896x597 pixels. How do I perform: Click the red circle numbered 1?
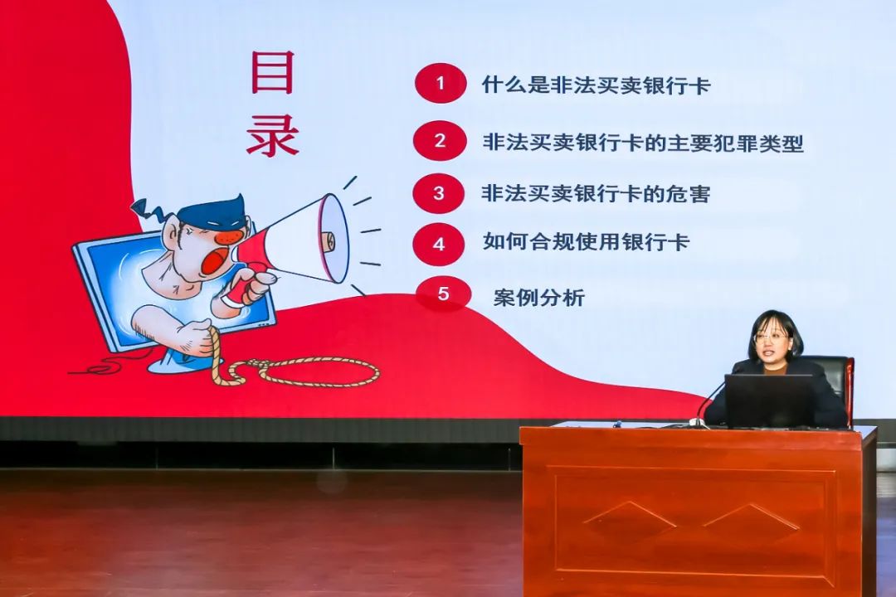[441, 84]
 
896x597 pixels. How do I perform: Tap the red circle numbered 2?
[440, 140]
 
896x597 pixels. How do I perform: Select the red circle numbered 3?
[438, 193]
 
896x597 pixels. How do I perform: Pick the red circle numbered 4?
[438, 244]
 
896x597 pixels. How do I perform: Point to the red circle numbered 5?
[443, 294]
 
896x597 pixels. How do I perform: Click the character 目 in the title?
[273, 72]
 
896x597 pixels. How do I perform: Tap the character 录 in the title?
[273, 135]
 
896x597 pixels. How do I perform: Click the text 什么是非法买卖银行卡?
[596, 85]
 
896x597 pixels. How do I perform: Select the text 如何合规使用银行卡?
[587, 241]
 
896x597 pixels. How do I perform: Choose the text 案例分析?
[539, 297]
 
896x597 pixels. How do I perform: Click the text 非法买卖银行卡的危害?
[596, 193]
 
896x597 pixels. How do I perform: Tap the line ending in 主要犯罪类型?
[643, 143]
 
